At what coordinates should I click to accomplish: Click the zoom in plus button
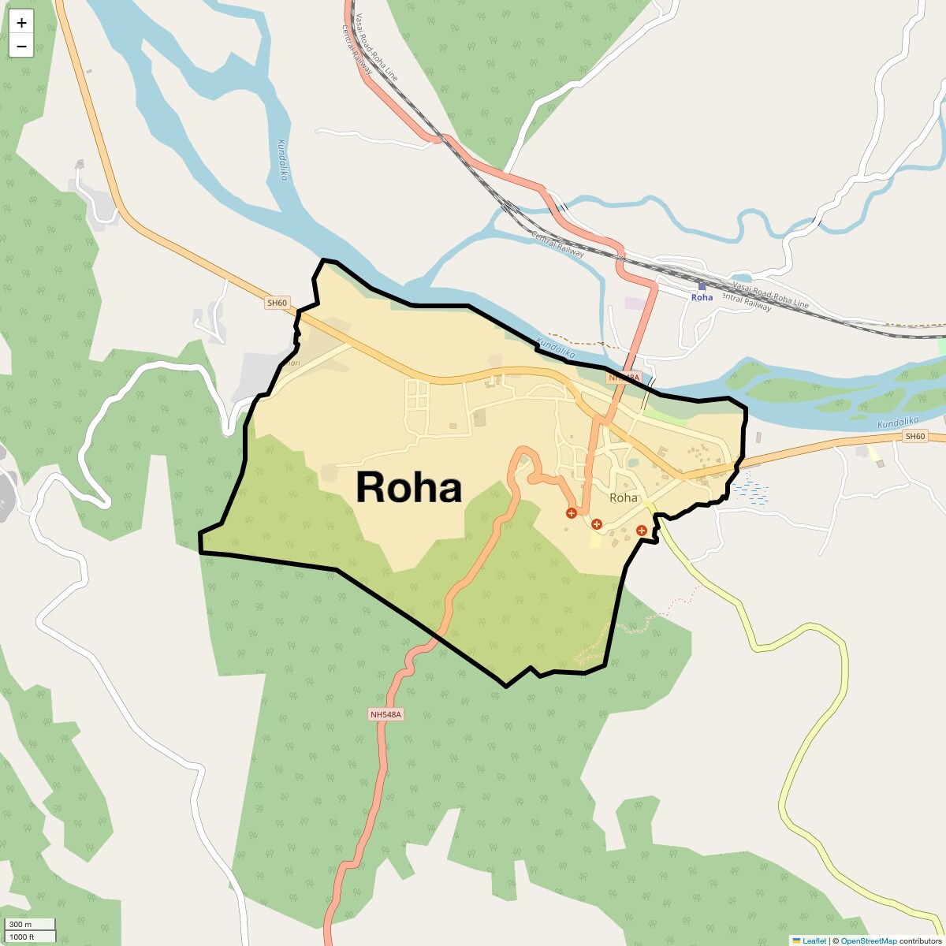(21, 23)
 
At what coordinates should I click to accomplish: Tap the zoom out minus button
(21, 47)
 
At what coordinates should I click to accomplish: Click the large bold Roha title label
(408, 487)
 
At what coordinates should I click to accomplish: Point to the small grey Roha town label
(624, 497)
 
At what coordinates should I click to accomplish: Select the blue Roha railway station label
(702, 297)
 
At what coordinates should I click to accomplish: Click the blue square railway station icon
(702, 286)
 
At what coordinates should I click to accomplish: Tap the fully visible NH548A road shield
(385, 714)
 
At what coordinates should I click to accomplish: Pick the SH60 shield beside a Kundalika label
(914, 437)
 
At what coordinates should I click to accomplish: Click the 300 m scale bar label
(21, 925)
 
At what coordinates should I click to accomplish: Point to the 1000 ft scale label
(22, 937)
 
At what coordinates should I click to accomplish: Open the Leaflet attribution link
(814, 940)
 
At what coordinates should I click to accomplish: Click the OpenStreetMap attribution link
(868, 940)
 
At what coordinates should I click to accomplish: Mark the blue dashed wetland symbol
(750, 493)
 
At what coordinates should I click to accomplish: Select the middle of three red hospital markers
(597, 523)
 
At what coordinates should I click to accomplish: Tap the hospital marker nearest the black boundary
(642, 531)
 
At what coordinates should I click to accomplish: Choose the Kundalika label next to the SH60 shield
(899, 423)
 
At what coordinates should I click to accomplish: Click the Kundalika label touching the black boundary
(556, 348)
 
